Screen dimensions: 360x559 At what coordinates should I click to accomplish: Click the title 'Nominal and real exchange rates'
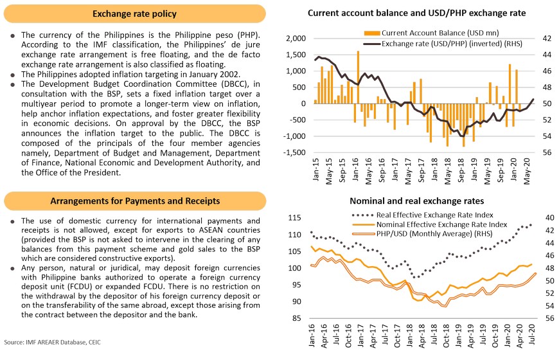pos(416,201)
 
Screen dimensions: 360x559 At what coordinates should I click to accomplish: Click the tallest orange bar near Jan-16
pos(358,76)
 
